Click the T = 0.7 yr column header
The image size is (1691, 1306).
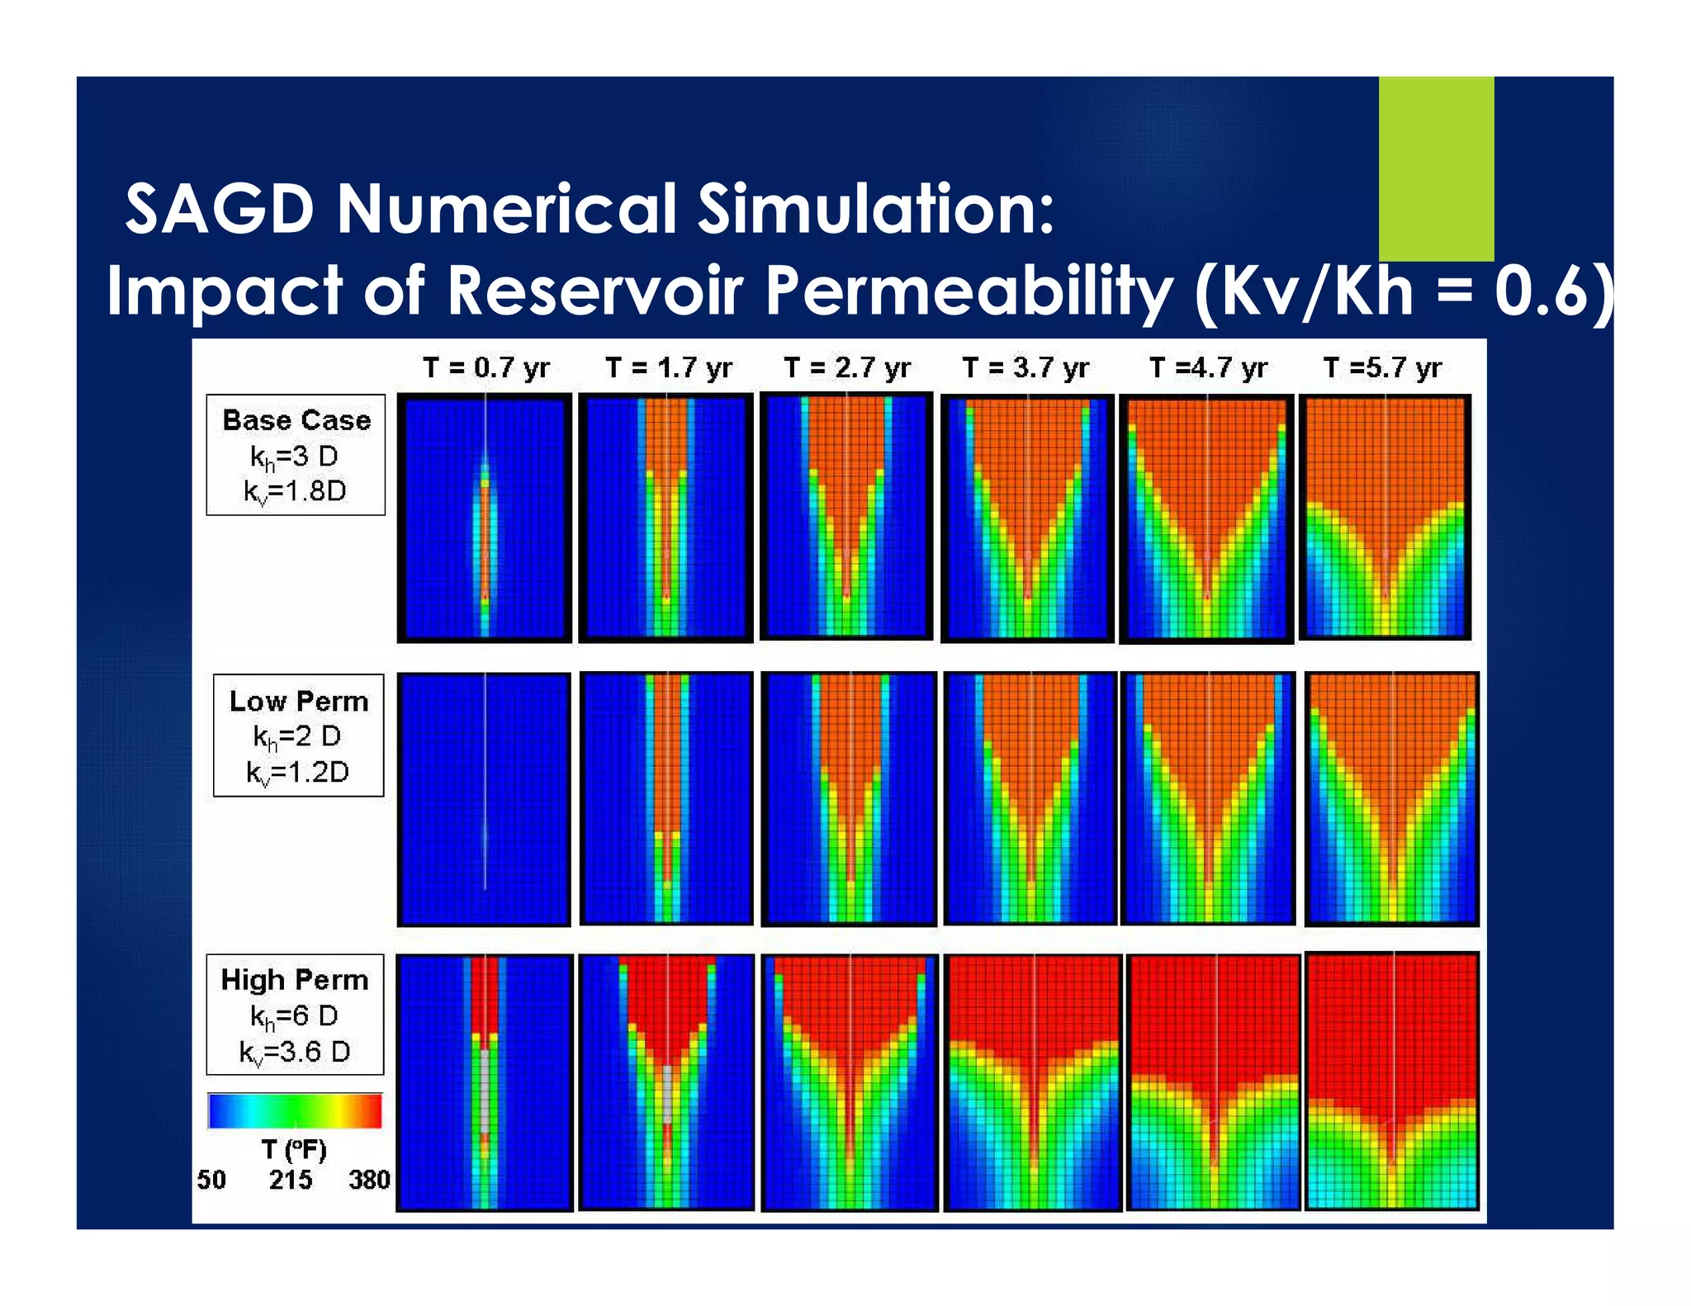click(x=486, y=367)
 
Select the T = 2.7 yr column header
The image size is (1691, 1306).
click(x=846, y=367)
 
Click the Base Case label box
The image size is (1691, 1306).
click(x=296, y=455)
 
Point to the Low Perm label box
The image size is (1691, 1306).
click(x=298, y=736)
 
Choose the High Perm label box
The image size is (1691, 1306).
click(x=295, y=1015)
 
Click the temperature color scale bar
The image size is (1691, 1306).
click(x=295, y=1110)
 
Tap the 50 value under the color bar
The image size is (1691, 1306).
click(x=211, y=1180)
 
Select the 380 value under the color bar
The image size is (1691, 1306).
click(x=368, y=1180)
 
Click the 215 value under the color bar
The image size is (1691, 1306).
click(x=290, y=1180)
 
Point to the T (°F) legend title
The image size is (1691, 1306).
click(x=294, y=1150)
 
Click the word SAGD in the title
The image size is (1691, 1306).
click(x=220, y=209)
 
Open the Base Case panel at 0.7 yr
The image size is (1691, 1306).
click(x=485, y=518)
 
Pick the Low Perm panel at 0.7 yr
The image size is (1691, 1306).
click(x=485, y=799)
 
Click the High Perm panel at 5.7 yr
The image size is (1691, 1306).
click(x=1392, y=1081)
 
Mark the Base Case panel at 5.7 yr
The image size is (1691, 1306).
click(x=1385, y=517)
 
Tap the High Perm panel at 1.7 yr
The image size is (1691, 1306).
click(x=666, y=1081)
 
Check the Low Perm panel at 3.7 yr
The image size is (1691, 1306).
click(x=1030, y=799)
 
